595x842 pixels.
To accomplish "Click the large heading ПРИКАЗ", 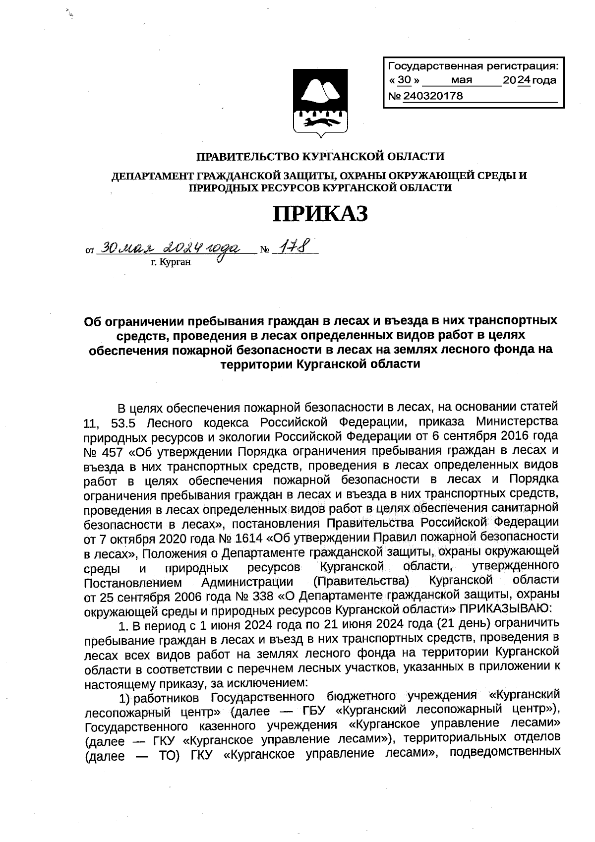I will [x=320, y=213].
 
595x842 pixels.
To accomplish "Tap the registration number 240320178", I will [x=433, y=96].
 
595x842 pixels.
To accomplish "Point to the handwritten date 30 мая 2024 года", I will [x=169, y=247].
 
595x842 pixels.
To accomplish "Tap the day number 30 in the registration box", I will [x=405, y=80].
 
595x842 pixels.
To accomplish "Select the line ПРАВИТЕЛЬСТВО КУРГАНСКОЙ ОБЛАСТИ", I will [x=320, y=157].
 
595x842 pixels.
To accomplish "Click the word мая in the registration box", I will [x=462, y=80].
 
